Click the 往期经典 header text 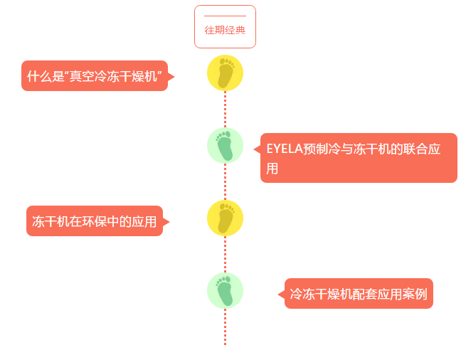[225, 30]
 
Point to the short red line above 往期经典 [225, 16]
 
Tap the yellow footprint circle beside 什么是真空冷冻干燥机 [225, 73]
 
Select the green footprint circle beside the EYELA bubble [225, 145]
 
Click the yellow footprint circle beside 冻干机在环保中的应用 [225, 218]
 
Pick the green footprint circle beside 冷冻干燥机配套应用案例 [225, 290]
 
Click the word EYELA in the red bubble [284, 149]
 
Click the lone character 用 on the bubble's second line [272, 169]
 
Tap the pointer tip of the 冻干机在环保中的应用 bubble [169, 221]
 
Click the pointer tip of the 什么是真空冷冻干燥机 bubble [173, 76]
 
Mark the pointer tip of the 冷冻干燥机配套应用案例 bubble [279, 294]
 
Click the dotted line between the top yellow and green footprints [225, 110]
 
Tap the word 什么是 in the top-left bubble [46, 76]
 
